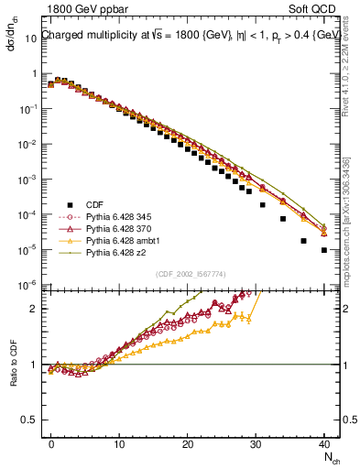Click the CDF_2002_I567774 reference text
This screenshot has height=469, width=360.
click(x=190, y=274)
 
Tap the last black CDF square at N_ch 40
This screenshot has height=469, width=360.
click(x=324, y=249)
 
